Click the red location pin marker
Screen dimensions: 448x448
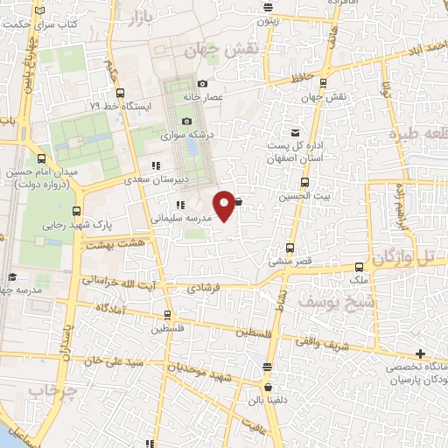click(x=225, y=205)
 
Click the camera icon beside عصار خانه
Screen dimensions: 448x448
click(x=203, y=84)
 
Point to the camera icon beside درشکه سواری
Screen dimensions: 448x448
click(x=186, y=122)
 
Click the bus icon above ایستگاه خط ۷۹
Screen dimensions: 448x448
click(x=120, y=94)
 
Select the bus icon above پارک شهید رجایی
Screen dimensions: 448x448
click(x=77, y=211)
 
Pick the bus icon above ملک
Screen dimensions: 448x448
click(x=359, y=268)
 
